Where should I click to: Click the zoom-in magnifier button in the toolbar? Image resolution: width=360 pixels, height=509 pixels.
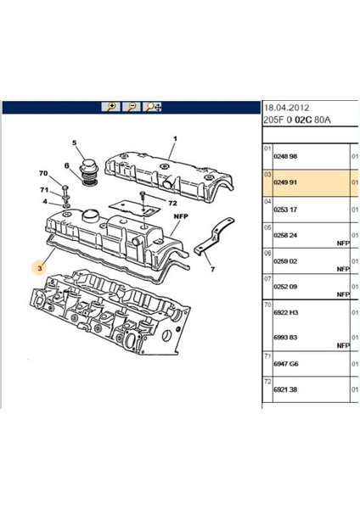point(110,107)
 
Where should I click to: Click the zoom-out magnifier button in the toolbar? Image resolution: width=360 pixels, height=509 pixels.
point(132,107)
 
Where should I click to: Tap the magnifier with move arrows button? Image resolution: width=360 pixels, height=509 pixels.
point(152,107)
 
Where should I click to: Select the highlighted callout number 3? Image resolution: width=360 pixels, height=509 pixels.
point(40,268)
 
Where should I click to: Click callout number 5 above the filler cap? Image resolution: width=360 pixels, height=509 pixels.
point(75,143)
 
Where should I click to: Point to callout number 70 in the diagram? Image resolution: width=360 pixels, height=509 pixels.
point(43,173)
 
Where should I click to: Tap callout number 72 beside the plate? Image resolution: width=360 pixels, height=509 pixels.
point(173,204)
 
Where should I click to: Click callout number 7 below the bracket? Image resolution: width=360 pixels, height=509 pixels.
point(212,269)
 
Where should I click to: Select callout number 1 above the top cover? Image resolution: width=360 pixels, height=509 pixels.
point(175,139)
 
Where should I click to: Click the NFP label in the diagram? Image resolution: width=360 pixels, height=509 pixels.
point(181,216)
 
